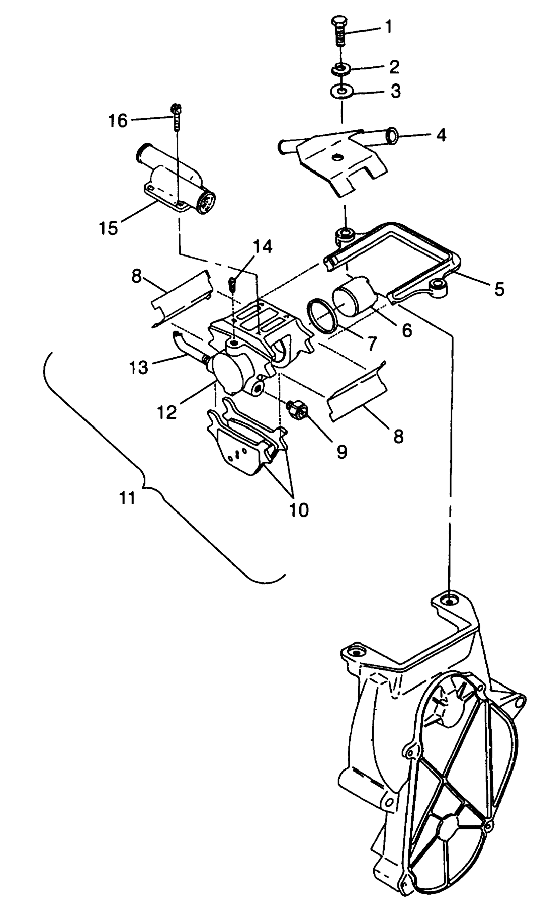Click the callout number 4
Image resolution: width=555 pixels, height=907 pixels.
point(441,135)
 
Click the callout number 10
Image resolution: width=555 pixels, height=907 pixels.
point(299,510)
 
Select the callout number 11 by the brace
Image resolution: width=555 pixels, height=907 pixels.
point(127,498)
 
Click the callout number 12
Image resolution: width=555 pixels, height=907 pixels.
point(168,412)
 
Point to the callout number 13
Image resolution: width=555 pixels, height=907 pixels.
point(139,367)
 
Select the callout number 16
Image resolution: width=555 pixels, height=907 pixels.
point(118,121)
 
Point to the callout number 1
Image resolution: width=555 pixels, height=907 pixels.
point(388,27)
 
